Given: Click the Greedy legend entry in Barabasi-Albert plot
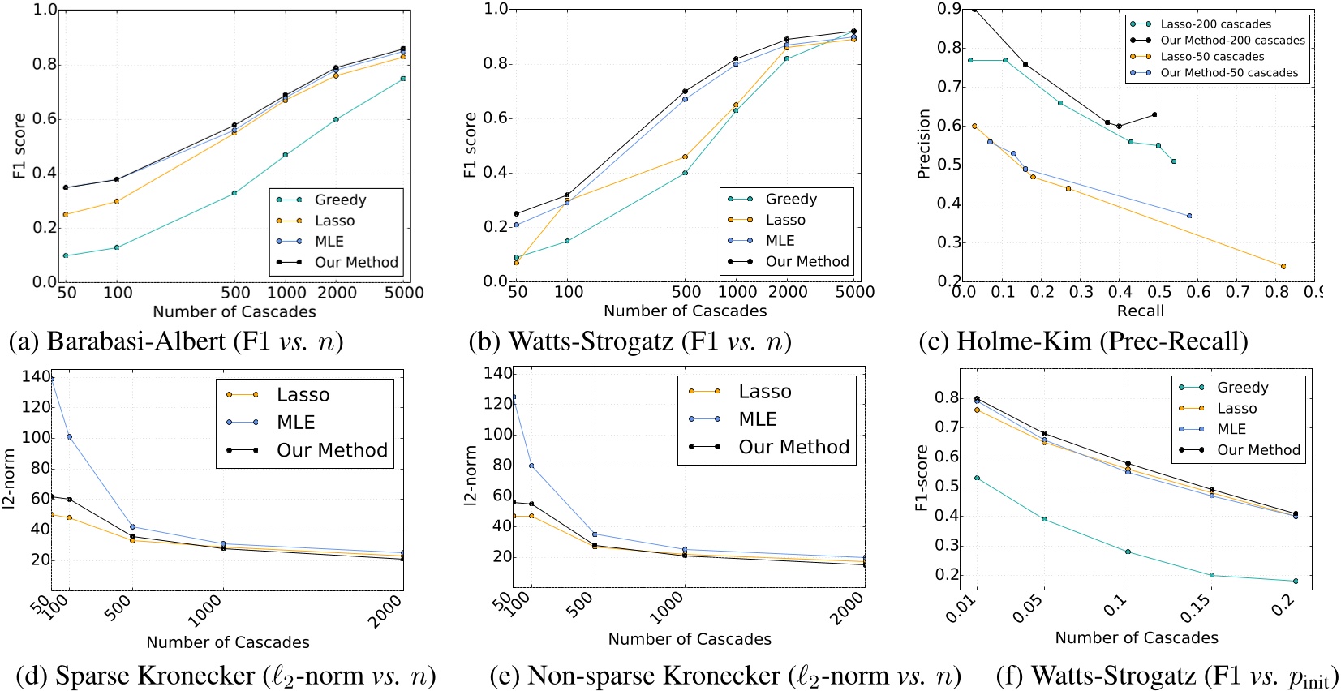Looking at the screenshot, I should (x=340, y=200).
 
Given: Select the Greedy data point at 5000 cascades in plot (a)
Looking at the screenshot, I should (x=403, y=79).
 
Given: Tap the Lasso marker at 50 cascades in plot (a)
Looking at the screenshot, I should (x=66, y=215).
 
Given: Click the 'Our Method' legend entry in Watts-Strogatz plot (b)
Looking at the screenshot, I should (x=806, y=261).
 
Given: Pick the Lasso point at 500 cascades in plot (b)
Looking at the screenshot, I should (x=685, y=157).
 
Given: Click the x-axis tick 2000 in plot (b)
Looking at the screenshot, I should (x=787, y=292).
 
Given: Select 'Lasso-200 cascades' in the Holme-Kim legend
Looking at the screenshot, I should (x=1215, y=24).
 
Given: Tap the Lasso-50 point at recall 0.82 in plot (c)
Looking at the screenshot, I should (x=1283, y=266).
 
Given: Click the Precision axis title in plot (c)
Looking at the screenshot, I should (x=923, y=144).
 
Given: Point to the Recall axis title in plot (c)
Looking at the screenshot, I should (x=1140, y=311).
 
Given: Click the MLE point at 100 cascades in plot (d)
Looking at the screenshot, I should (x=69, y=437).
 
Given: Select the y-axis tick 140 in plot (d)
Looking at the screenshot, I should (x=36, y=376).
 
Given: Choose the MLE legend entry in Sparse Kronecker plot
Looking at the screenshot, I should (x=295, y=423).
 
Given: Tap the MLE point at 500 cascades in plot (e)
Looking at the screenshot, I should (x=595, y=534).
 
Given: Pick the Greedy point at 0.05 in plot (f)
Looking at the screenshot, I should (x=1044, y=519).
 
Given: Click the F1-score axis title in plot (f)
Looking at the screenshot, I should (x=922, y=478).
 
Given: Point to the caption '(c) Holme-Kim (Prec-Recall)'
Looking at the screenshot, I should (x=1083, y=341).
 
